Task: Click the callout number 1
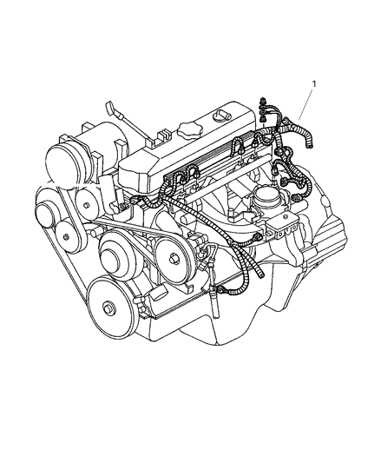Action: coord(313,83)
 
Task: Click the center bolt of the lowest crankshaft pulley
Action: coord(108,308)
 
